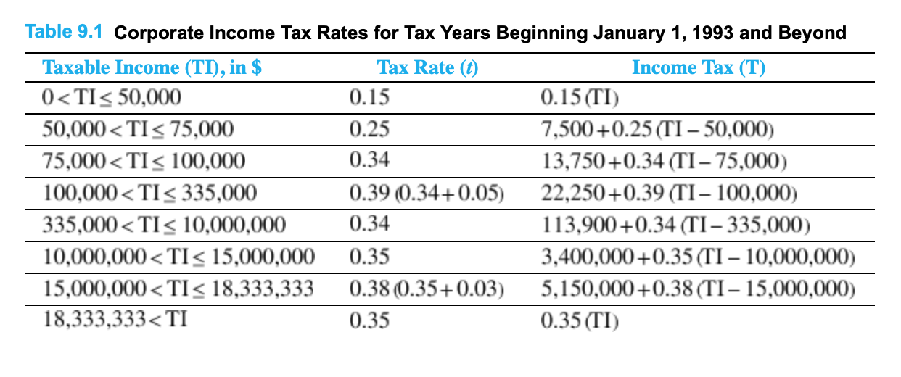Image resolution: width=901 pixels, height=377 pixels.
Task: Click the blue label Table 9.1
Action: [64, 32]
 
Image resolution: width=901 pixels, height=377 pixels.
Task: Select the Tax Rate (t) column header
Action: [428, 67]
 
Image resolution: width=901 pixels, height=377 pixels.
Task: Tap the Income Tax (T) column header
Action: [699, 67]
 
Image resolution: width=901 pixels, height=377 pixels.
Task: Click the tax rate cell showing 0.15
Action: [369, 97]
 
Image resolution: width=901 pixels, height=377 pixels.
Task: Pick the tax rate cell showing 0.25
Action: [369, 129]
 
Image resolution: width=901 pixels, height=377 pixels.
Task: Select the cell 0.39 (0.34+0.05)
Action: [427, 193]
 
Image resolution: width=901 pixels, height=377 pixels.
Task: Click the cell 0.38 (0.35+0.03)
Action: [427, 289]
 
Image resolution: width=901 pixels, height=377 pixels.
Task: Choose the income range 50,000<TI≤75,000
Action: [139, 129]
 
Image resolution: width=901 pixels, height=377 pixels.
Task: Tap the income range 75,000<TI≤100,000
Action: [144, 161]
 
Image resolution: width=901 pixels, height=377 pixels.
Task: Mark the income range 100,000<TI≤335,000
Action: [149, 193]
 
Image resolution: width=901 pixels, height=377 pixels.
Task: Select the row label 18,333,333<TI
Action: [115, 319]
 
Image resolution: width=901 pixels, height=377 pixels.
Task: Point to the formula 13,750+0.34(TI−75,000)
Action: [665, 161]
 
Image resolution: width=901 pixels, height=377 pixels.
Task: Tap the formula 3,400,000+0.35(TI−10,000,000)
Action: [696, 257]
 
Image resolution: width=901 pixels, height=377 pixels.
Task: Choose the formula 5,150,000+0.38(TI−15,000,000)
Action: [696, 289]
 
